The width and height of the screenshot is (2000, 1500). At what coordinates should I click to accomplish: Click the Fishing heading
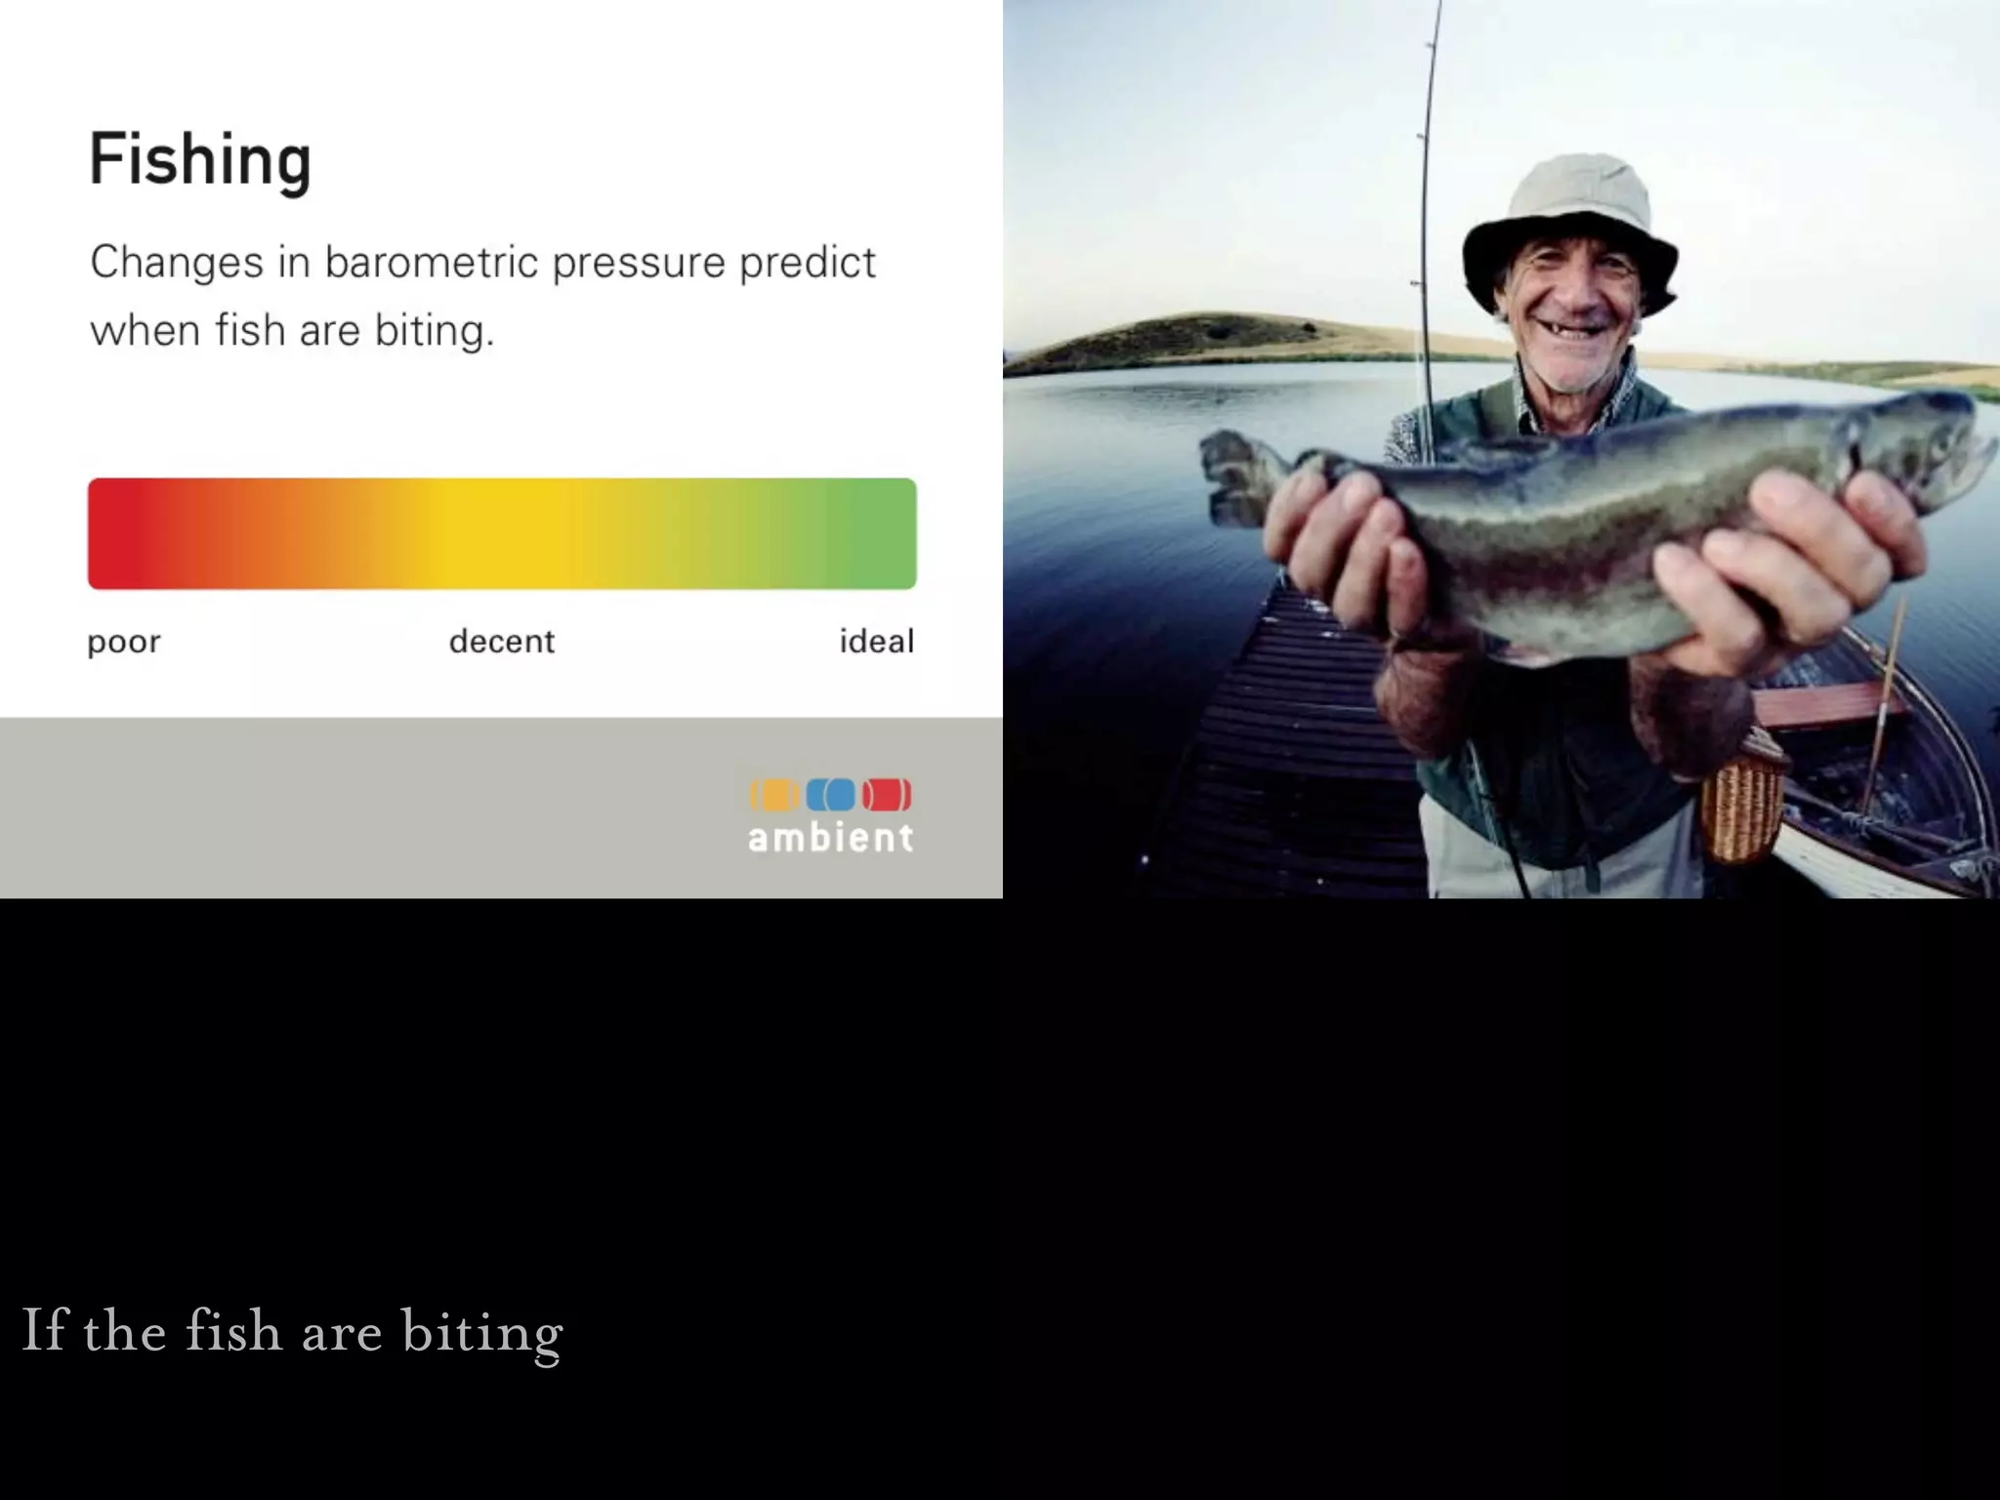[x=200, y=160]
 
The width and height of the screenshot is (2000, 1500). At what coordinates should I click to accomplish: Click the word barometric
[x=432, y=263]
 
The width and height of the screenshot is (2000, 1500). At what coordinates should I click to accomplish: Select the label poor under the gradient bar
[x=123, y=643]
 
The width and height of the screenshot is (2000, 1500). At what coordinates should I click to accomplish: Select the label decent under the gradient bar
[x=501, y=642]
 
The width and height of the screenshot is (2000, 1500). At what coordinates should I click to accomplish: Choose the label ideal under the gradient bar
[x=876, y=642]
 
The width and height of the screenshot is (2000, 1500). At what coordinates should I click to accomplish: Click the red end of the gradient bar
[x=117, y=533]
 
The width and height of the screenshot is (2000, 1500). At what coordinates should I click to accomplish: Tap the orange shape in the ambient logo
[x=774, y=795]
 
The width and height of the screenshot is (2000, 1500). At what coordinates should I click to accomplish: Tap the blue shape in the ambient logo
[x=831, y=795]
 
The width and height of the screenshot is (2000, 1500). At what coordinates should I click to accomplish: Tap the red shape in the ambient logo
[x=887, y=795]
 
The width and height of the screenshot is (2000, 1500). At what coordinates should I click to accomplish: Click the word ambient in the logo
[x=831, y=838]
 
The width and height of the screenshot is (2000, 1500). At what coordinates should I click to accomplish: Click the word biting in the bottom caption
[x=481, y=1332]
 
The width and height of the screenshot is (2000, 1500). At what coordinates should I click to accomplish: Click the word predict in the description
[x=807, y=264]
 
